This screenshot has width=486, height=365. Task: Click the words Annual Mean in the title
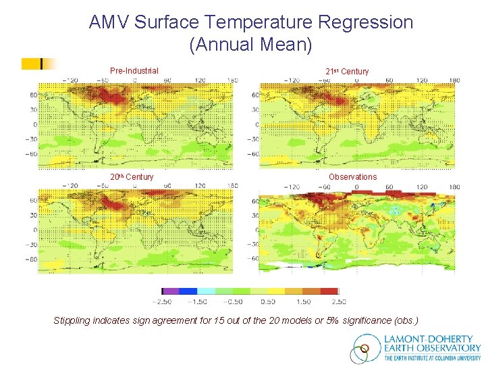pos(251,45)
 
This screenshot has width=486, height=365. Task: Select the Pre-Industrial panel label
pos(134,71)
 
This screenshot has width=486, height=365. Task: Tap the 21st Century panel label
pos(347,72)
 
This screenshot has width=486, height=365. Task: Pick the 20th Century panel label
pos(132,177)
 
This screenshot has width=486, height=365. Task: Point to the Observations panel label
pos(352,177)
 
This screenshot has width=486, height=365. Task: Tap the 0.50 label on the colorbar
pos(268,301)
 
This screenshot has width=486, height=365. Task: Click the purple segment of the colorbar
pos(171,291)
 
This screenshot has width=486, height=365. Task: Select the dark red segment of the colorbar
pos(329,291)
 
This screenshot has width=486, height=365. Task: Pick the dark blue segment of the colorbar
pos(188,291)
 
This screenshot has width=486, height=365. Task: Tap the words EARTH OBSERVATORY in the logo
pos(433,348)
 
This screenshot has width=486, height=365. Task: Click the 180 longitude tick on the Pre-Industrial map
pos(232,80)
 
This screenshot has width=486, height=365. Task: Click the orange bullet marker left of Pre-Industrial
pos(32,64)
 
